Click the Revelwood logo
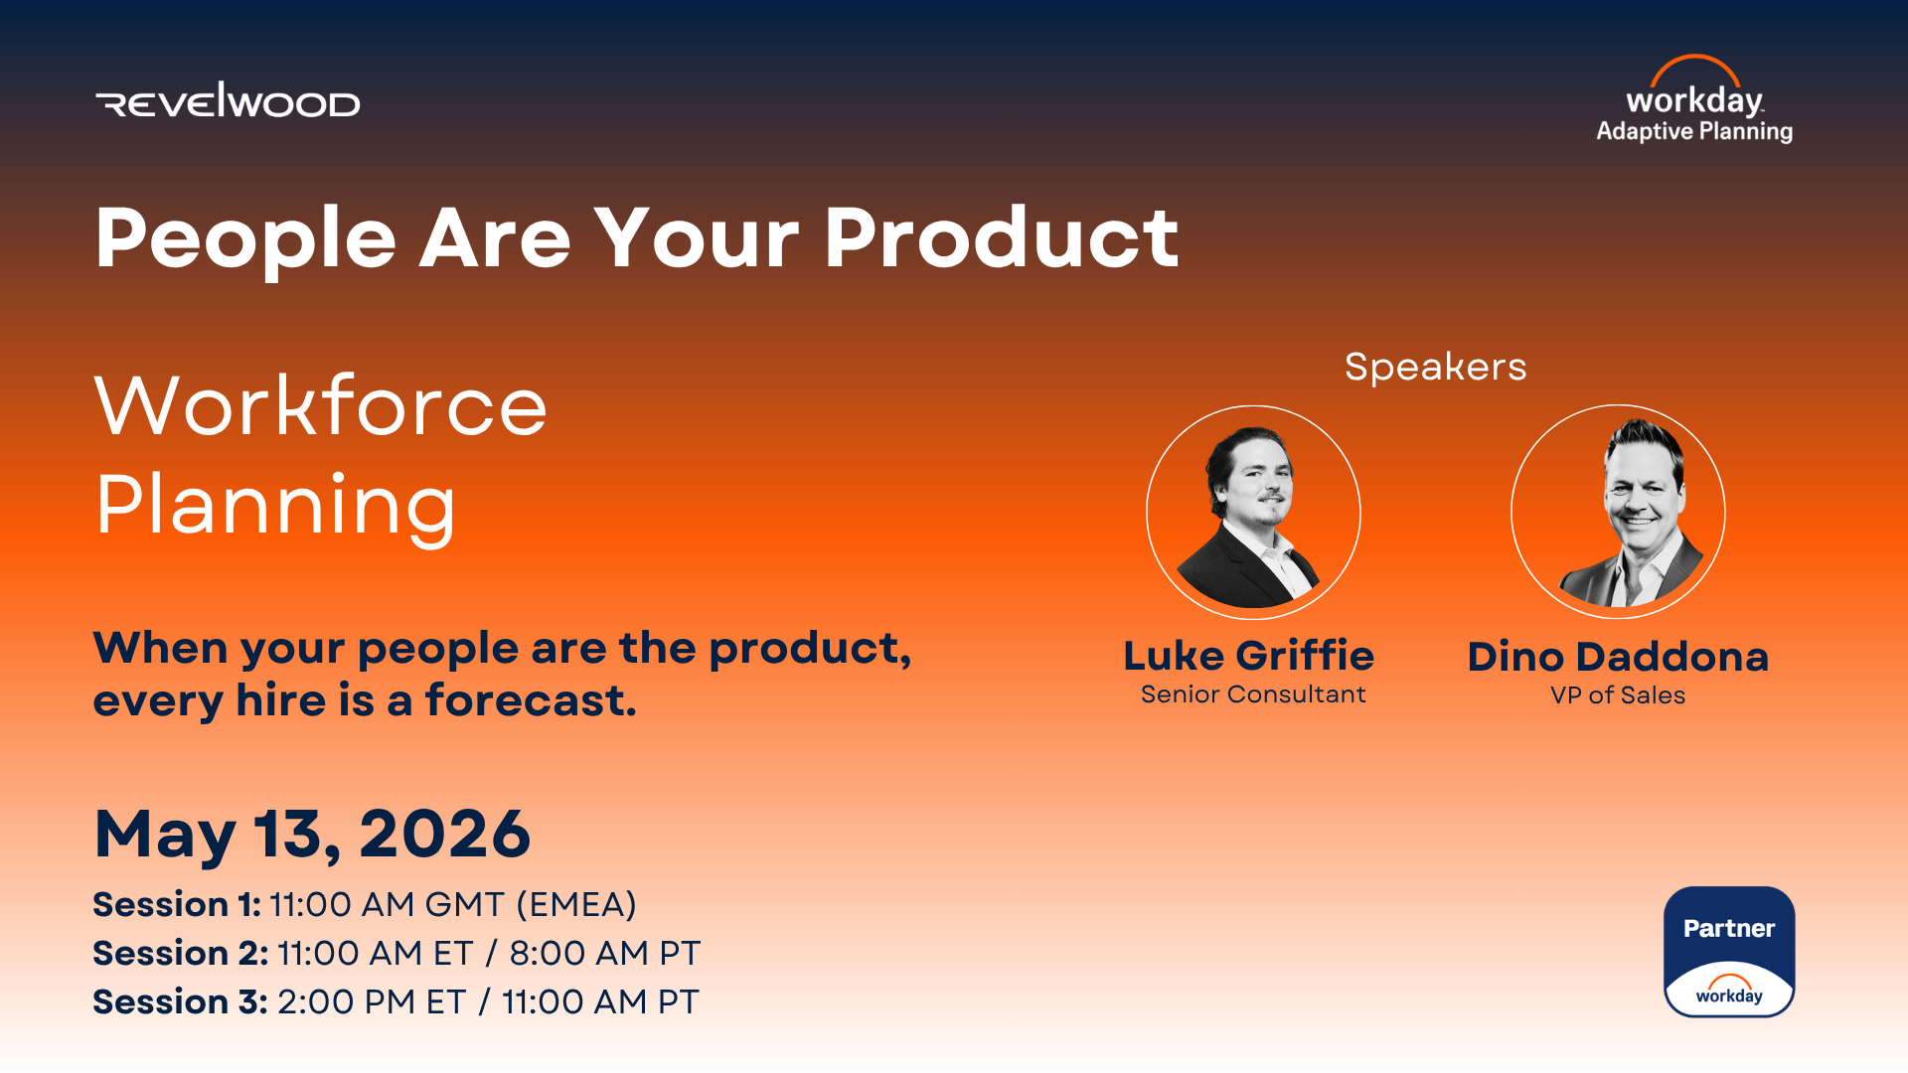tap(228, 100)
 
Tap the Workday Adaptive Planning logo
tap(1694, 99)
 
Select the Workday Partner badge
tap(1729, 952)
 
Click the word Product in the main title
tap(1001, 238)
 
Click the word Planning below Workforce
tap(275, 508)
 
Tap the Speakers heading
tap(1435, 367)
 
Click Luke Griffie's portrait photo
tap(1253, 513)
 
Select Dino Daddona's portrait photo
tap(1618, 512)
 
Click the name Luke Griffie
tap(1249, 656)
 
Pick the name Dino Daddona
tap(1618, 657)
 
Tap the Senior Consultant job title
tap(1253, 694)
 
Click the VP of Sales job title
tap(1618, 695)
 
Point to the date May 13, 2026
tap(312, 835)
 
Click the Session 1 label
tap(177, 905)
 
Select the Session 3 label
tap(180, 1002)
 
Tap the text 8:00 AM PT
tap(605, 954)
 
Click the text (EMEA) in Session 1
tap(576, 905)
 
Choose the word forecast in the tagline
tap(531, 700)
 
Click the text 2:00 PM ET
tap(372, 1002)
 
